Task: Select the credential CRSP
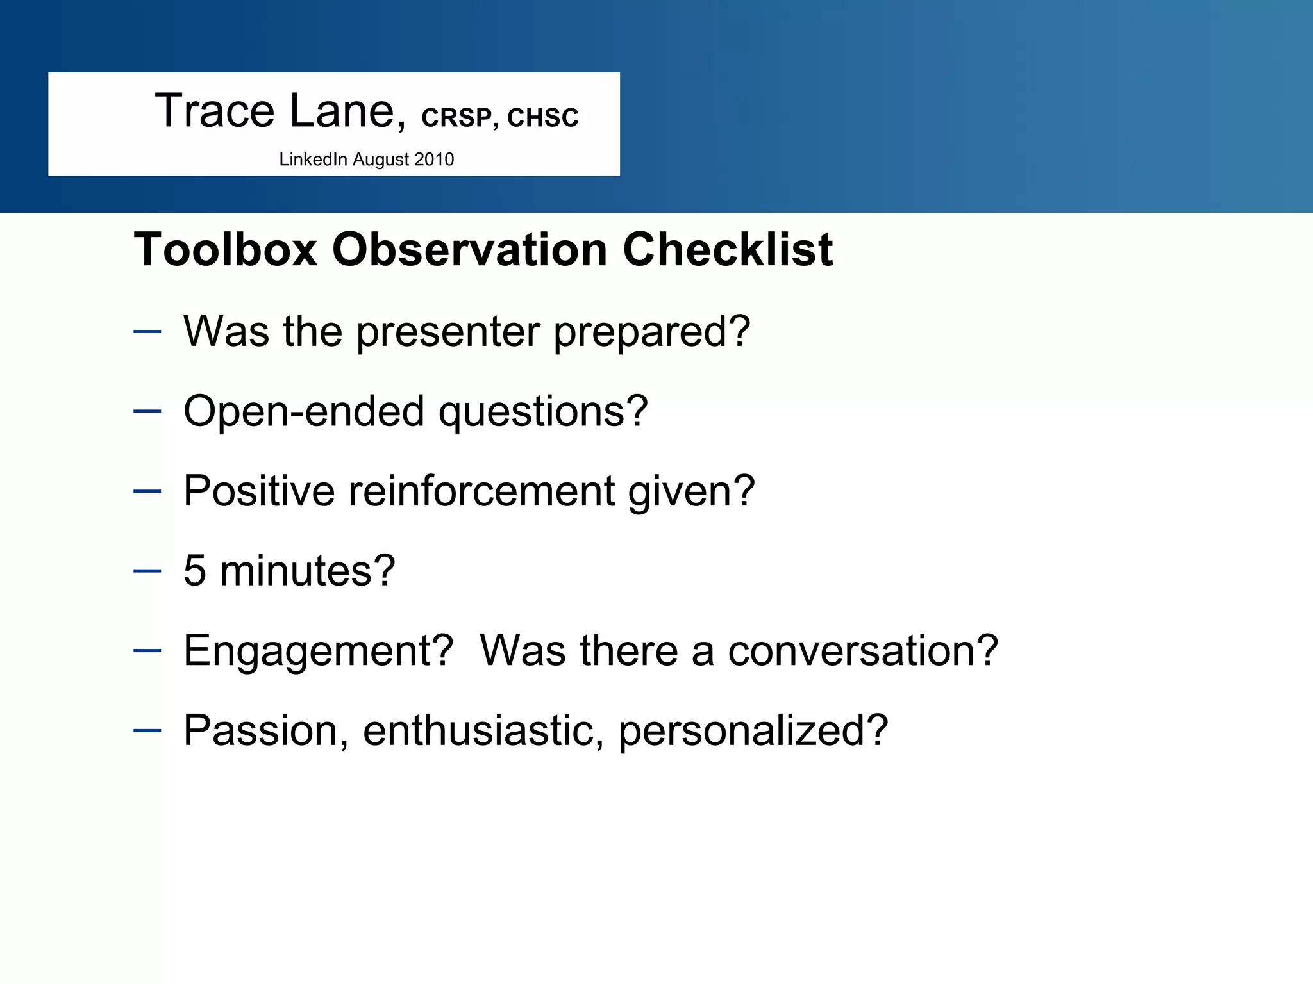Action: click(456, 118)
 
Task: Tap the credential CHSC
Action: click(542, 118)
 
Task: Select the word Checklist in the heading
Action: click(728, 249)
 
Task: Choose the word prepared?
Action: click(651, 332)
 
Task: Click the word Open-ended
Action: click(304, 411)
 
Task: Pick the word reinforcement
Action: click(481, 491)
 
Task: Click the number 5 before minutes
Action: click(195, 570)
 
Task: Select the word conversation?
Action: click(863, 651)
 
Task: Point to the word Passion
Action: click(265, 730)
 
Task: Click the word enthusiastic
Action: click(483, 730)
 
